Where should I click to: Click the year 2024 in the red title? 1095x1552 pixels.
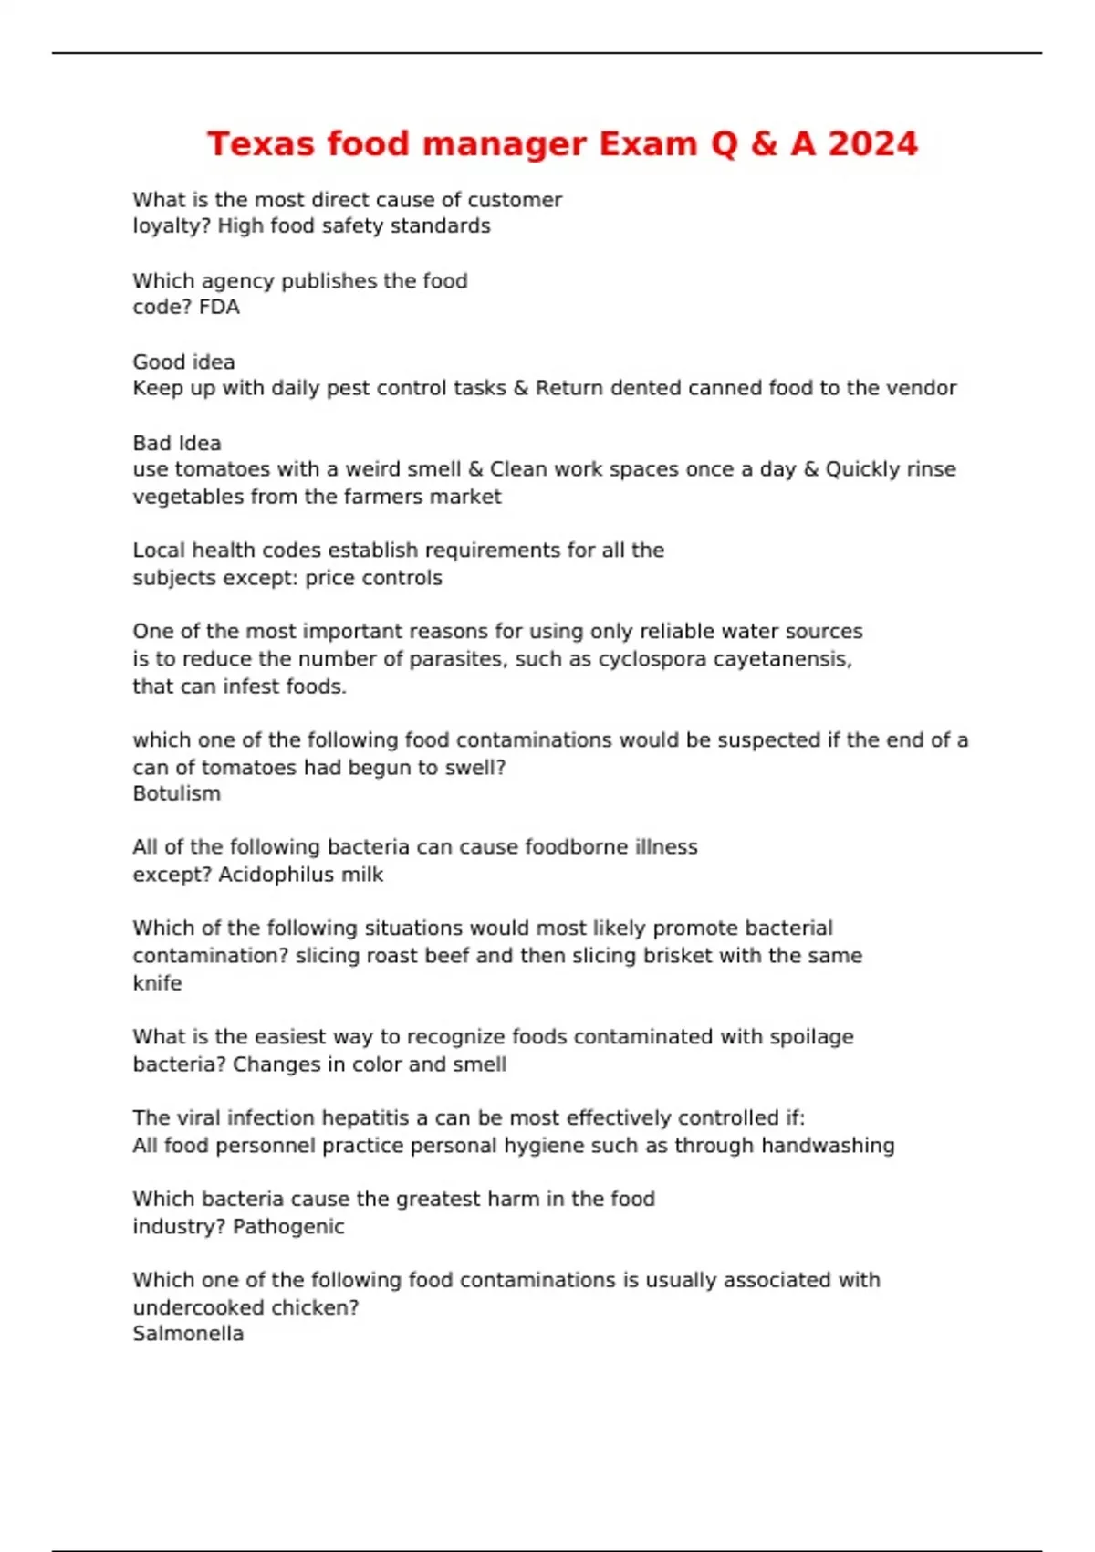pyautogui.click(x=872, y=144)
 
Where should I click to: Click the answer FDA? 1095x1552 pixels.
pyautogui.click(x=219, y=308)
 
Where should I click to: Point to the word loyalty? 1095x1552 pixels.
pyautogui.click(x=170, y=226)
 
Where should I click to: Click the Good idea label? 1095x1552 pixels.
pyautogui.click(x=183, y=362)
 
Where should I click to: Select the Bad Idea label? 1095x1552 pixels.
pyautogui.click(x=177, y=444)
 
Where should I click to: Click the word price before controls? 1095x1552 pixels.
pyautogui.click(x=332, y=578)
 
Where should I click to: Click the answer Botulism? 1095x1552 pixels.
pyautogui.click(x=177, y=793)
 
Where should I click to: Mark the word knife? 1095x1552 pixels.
pyautogui.click(x=157, y=983)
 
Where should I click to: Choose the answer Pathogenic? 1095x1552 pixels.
pyautogui.click(x=289, y=1227)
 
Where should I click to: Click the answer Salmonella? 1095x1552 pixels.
pyautogui.click(x=188, y=1334)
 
